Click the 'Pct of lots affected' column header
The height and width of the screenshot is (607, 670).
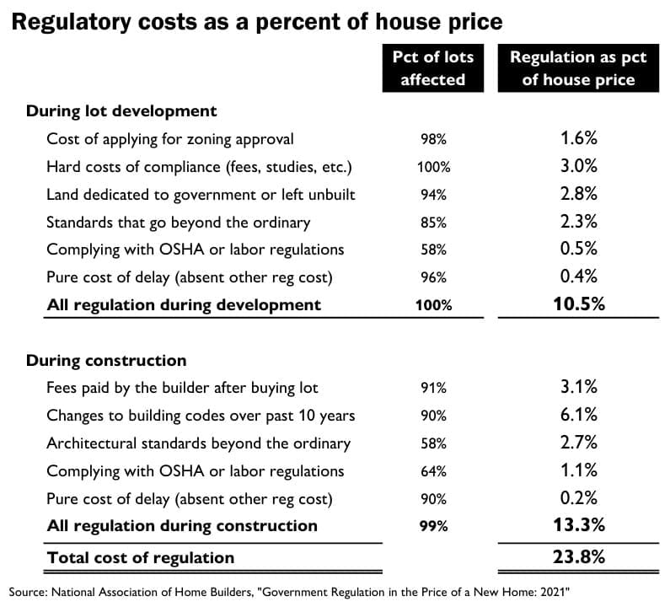(x=432, y=68)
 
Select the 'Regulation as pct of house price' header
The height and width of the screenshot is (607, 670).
(x=577, y=68)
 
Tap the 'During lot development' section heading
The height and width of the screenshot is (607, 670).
(x=121, y=110)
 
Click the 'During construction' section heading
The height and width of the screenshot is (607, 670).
(x=106, y=360)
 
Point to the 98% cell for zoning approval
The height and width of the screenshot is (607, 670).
(x=433, y=139)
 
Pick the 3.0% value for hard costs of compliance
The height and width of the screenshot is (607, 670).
(x=578, y=166)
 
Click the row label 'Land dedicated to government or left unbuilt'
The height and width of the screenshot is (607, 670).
(x=201, y=194)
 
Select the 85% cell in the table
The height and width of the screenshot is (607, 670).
(x=433, y=223)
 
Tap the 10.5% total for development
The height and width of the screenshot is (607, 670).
(x=578, y=304)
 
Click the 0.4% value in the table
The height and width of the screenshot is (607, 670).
(x=578, y=277)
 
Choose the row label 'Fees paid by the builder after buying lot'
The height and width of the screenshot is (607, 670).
(x=182, y=388)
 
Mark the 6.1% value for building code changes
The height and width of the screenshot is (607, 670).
(x=578, y=415)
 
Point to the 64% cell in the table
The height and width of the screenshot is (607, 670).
(x=433, y=471)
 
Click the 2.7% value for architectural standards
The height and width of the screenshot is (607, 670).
(x=578, y=443)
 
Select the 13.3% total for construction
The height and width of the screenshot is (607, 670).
(x=578, y=525)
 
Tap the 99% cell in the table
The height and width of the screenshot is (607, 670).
(x=433, y=526)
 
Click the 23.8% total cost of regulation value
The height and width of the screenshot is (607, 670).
(x=578, y=556)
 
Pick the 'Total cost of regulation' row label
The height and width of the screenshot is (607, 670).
(x=141, y=556)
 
